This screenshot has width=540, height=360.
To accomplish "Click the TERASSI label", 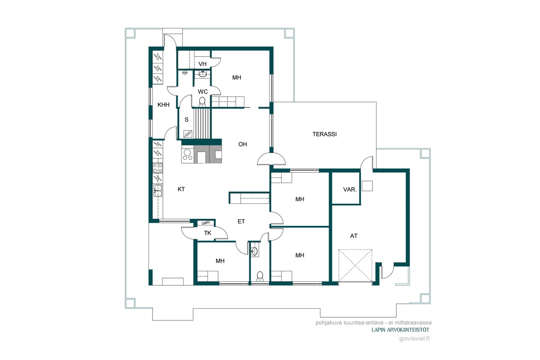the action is pyautogui.click(x=324, y=134).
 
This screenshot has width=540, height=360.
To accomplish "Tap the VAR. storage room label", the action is pyautogui.click(x=350, y=189).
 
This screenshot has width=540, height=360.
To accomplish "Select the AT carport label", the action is pyautogui.click(x=354, y=236).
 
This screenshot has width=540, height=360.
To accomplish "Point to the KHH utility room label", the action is pyautogui.click(x=163, y=105).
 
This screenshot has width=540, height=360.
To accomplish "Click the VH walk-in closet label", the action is pyautogui.click(x=202, y=64).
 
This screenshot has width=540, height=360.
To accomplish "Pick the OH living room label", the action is pyautogui.click(x=243, y=144).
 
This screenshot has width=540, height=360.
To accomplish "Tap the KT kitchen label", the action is pyautogui.click(x=181, y=189).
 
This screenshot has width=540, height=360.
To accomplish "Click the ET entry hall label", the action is pyautogui.click(x=241, y=221).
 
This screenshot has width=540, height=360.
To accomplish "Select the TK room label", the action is pyautogui.click(x=207, y=233).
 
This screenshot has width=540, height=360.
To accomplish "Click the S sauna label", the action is pyautogui.click(x=186, y=120).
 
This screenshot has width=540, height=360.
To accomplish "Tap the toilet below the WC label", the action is pyautogui.click(x=202, y=102).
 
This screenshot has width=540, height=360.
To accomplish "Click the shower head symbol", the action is pyautogui.click(x=185, y=72).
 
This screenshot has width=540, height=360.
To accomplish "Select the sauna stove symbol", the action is pyautogui.click(x=188, y=134).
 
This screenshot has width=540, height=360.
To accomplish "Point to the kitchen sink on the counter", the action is pyautogui.click(x=158, y=190).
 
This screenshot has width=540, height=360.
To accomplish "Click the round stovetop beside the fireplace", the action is pyautogui.click(x=187, y=155).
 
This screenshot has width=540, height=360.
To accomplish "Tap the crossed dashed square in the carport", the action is pyautogui.click(x=355, y=265).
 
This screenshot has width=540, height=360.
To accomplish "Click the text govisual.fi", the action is pyautogui.click(x=414, y=338).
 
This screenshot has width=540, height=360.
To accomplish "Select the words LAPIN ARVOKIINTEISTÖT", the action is pyautogui.click(x=400, y=330).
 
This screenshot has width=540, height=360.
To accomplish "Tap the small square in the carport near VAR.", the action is pyautogui.click(x=367, y=186).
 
